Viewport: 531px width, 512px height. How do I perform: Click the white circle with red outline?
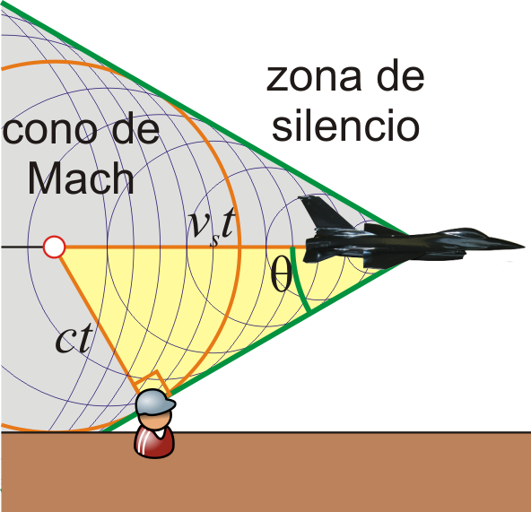(54, 247)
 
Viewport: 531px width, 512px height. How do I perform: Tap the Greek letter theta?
(281, 273)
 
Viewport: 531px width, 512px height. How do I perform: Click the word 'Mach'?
(81, 178)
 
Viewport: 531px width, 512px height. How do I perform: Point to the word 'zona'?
(314, 78)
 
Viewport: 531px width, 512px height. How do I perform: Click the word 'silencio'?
(345, 125)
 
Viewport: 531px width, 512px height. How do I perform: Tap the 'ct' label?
(74, 337)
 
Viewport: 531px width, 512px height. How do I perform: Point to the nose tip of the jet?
(524, 247)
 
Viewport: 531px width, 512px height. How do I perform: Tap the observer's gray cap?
(155, 402)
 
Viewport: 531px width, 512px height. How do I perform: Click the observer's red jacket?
(154, 442)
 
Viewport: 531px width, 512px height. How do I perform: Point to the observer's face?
(156, 421)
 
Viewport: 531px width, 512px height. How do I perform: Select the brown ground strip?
(265, 472)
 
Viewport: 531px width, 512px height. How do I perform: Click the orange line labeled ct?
(98, 320)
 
